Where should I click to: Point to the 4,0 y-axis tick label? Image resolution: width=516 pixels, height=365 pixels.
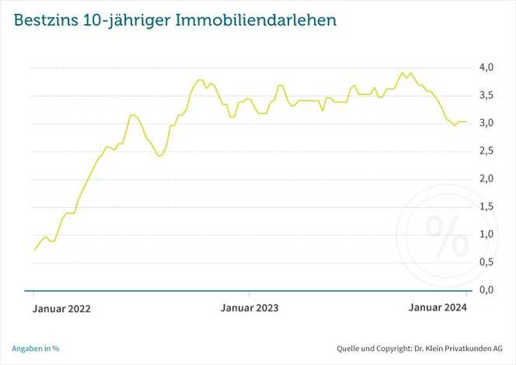(x=486, y=68)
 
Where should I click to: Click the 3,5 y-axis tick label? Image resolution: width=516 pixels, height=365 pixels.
(x=486, y=96)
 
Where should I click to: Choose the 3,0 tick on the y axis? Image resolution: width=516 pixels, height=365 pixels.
(x=486, y=124)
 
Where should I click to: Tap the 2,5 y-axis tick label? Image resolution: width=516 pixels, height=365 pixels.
(x=486, y=151)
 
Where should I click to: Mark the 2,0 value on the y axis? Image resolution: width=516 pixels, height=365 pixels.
(x=486, y=179)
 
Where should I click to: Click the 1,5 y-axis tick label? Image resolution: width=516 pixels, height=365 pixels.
(x=486, y=206)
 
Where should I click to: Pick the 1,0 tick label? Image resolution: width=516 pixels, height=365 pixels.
(x=486, y=234)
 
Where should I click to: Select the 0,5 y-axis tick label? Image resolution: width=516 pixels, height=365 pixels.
(x=486, y=261)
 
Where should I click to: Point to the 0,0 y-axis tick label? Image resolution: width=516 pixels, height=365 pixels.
(x=486, y=290)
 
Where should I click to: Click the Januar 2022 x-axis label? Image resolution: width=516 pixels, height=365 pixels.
(x=61, y=308)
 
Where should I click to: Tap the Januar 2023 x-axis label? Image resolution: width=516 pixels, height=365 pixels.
(x=249, y=308)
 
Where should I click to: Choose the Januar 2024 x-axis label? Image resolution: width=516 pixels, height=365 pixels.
(x=438, y=307)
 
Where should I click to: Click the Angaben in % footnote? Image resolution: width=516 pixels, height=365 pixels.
(x=36, y=348)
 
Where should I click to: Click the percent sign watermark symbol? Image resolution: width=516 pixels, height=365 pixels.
(x=443, y=236)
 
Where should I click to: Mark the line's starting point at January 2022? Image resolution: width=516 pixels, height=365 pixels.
(x=34, y=250)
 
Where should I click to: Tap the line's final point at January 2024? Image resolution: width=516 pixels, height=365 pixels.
(x=466, y=121)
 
